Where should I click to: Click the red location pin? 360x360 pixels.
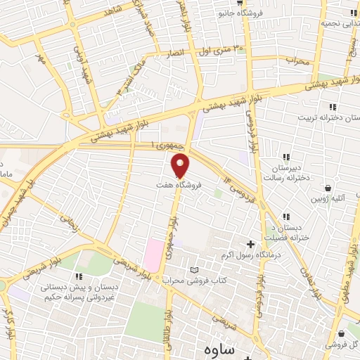point(181,166)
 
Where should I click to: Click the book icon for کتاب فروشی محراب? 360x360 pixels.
point(195,270)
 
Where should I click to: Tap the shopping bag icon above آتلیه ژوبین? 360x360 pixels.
point(328,188)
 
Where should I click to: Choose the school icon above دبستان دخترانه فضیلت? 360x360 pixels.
point(285,217)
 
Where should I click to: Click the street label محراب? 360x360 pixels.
point(297,61)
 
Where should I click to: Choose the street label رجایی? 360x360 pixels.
point(69,224)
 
